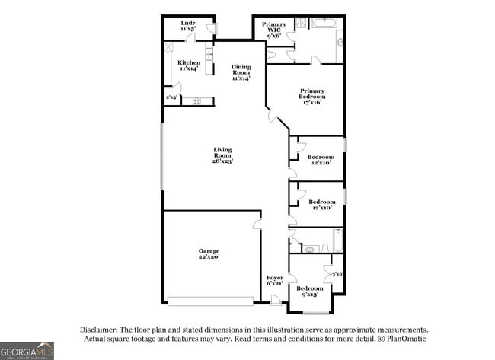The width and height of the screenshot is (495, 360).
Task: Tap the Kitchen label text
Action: pyautogui.click(x=189, y=65)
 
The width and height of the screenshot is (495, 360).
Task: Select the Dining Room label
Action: pyautogui.click(x=241, y=72)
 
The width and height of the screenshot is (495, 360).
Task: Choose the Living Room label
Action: pyautogui.click(x=222, y=155)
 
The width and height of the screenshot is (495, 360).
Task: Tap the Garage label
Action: pyautogui.click(x=209, y=254)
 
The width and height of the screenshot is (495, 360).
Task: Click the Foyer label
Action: pyautogui.click(x=274, y=280)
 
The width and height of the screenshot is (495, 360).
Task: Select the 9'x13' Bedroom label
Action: pyautogui.click(x=309, y=292)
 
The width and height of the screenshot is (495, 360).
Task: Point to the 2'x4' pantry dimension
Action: pyautogui.click(x=172, y=97)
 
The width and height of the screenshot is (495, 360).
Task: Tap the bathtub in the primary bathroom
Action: pyautogui.click(x=324, y=23)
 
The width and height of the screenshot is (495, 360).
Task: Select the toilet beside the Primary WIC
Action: pyautogui.click(x=272, y=54)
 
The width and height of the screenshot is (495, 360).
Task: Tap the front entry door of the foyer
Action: pyautogui.click(x=276, y=303)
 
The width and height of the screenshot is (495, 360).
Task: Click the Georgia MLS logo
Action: pyautogui.click(x=27, y=350)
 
